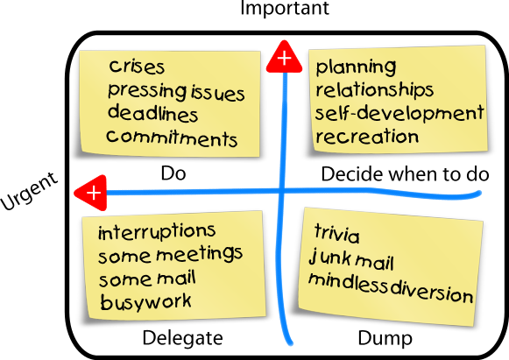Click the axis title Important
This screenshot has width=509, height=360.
click(x=285, y=7)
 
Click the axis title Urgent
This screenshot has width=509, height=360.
click(x=29, y=191)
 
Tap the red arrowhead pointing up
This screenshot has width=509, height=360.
click(x=285, y=57)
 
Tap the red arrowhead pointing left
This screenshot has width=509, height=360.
click(x=91, y=193)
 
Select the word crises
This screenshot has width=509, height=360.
click(x=137, y=67)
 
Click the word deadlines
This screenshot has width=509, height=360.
click(x=152, y=113)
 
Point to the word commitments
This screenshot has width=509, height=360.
click(x=172, y=138)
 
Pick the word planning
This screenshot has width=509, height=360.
click(x=356, y=67)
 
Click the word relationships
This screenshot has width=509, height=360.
click(x=375, y=89)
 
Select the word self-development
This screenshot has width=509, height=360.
click(x=399, y=113)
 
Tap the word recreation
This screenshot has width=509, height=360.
click(x=367, y=137)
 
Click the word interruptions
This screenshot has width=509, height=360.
click(x=157, y=231)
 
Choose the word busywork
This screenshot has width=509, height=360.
click(x=145, y=302)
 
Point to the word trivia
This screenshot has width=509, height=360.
click(x=337, y=233)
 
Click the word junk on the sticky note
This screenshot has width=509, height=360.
click(x=329, y=258)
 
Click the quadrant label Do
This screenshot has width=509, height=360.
click(x=173, y=173)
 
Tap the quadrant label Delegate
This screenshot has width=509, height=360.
click(x=183, y=338)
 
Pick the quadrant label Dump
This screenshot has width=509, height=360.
click(x=385, y=339)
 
